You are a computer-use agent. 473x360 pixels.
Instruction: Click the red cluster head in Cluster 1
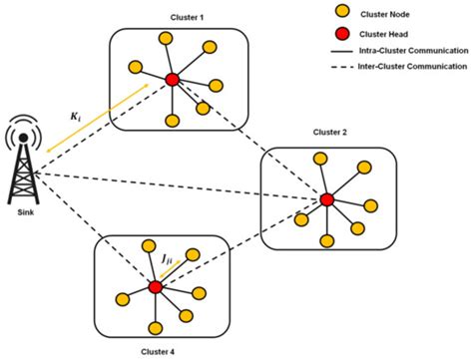pyautogui.click(x=172, y=79)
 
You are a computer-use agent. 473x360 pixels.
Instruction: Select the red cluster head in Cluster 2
pyautogui.click(x=326, y=199)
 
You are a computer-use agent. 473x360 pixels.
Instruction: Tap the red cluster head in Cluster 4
pyautogui.click(x=155, y=286)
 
